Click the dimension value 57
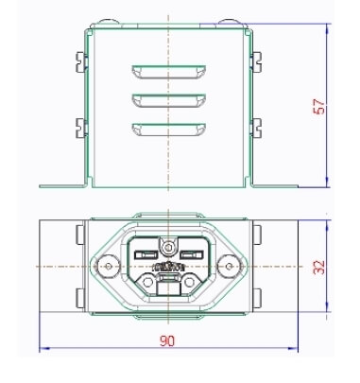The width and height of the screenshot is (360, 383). [x=318, y=107]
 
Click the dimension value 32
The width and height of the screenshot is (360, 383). [x=319, y=267]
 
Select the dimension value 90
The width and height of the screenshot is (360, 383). [x=167, y=340]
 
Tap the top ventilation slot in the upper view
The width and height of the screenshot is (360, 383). [x=169, y=72]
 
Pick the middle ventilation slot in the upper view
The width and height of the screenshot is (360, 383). [x=169, y=100]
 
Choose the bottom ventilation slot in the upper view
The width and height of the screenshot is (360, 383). [x=169, y=130]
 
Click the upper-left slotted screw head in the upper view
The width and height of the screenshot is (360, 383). [x=80, y=62]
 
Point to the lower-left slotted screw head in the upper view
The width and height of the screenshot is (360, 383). [x=80, y=129]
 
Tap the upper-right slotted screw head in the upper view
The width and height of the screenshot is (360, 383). [x=257, y=61]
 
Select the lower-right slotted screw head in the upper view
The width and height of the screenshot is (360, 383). [x=257, y=128]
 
